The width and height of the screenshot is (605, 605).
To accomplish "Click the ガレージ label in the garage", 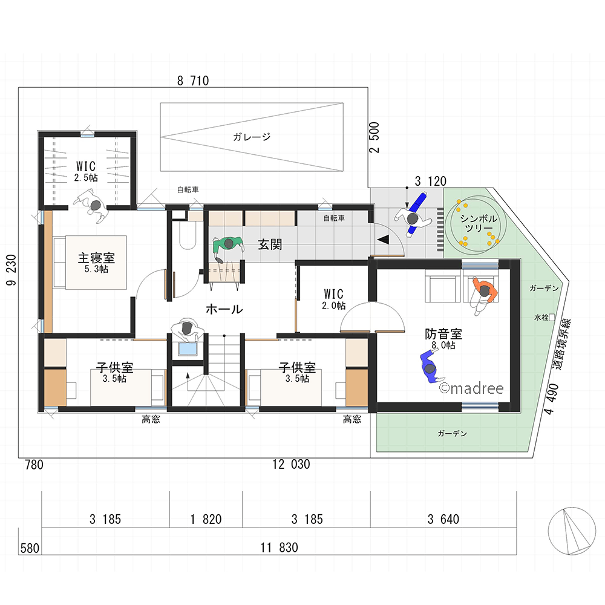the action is click(252, 137).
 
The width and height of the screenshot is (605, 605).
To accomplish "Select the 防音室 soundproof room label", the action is click(443, 333).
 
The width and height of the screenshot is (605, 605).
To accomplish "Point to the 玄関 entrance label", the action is click(270, 244).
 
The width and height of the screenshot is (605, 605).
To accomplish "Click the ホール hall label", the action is click(224, 309).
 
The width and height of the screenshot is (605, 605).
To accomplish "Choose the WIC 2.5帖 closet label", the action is click(86, 171).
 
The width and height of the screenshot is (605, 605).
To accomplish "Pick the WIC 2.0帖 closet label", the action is click(334, 299).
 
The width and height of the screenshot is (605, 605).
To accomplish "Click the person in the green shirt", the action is click(228, 247).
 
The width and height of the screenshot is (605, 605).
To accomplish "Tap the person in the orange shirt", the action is click(484, 295).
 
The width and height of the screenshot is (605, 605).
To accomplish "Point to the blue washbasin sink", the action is click(188, 349).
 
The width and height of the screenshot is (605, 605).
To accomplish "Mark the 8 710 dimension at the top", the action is click(193, 80).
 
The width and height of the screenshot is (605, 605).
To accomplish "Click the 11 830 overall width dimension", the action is click(279, 548).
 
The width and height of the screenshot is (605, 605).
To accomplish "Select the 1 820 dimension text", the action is click(206, 519).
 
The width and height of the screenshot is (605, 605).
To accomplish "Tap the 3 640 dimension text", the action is click(443, 519).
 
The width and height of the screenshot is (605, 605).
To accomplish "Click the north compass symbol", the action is click(572, 531).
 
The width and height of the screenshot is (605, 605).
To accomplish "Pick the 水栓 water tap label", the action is click(541, 318).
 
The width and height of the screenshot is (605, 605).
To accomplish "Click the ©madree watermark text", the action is click(471, 388).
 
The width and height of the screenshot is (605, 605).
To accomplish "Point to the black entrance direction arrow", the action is click(383, 240).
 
